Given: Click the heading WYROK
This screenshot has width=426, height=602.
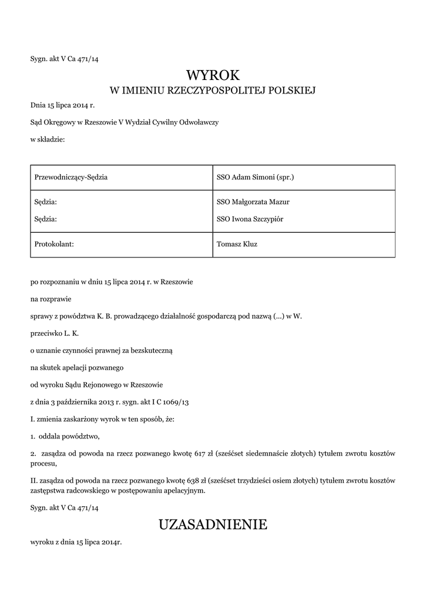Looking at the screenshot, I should tap(213, 75).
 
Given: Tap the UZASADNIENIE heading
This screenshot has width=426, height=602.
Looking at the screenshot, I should tap(213, 524).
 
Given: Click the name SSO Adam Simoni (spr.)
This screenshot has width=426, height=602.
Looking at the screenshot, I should tap(255, 177).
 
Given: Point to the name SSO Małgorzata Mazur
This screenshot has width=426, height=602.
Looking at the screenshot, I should tap(253, 202).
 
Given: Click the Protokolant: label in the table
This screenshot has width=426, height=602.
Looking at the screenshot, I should tap(55, 244).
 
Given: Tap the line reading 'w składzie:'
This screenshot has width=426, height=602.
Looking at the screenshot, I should tap(48, 139).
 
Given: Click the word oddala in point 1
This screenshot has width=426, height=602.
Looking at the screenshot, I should tap(51, 436).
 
